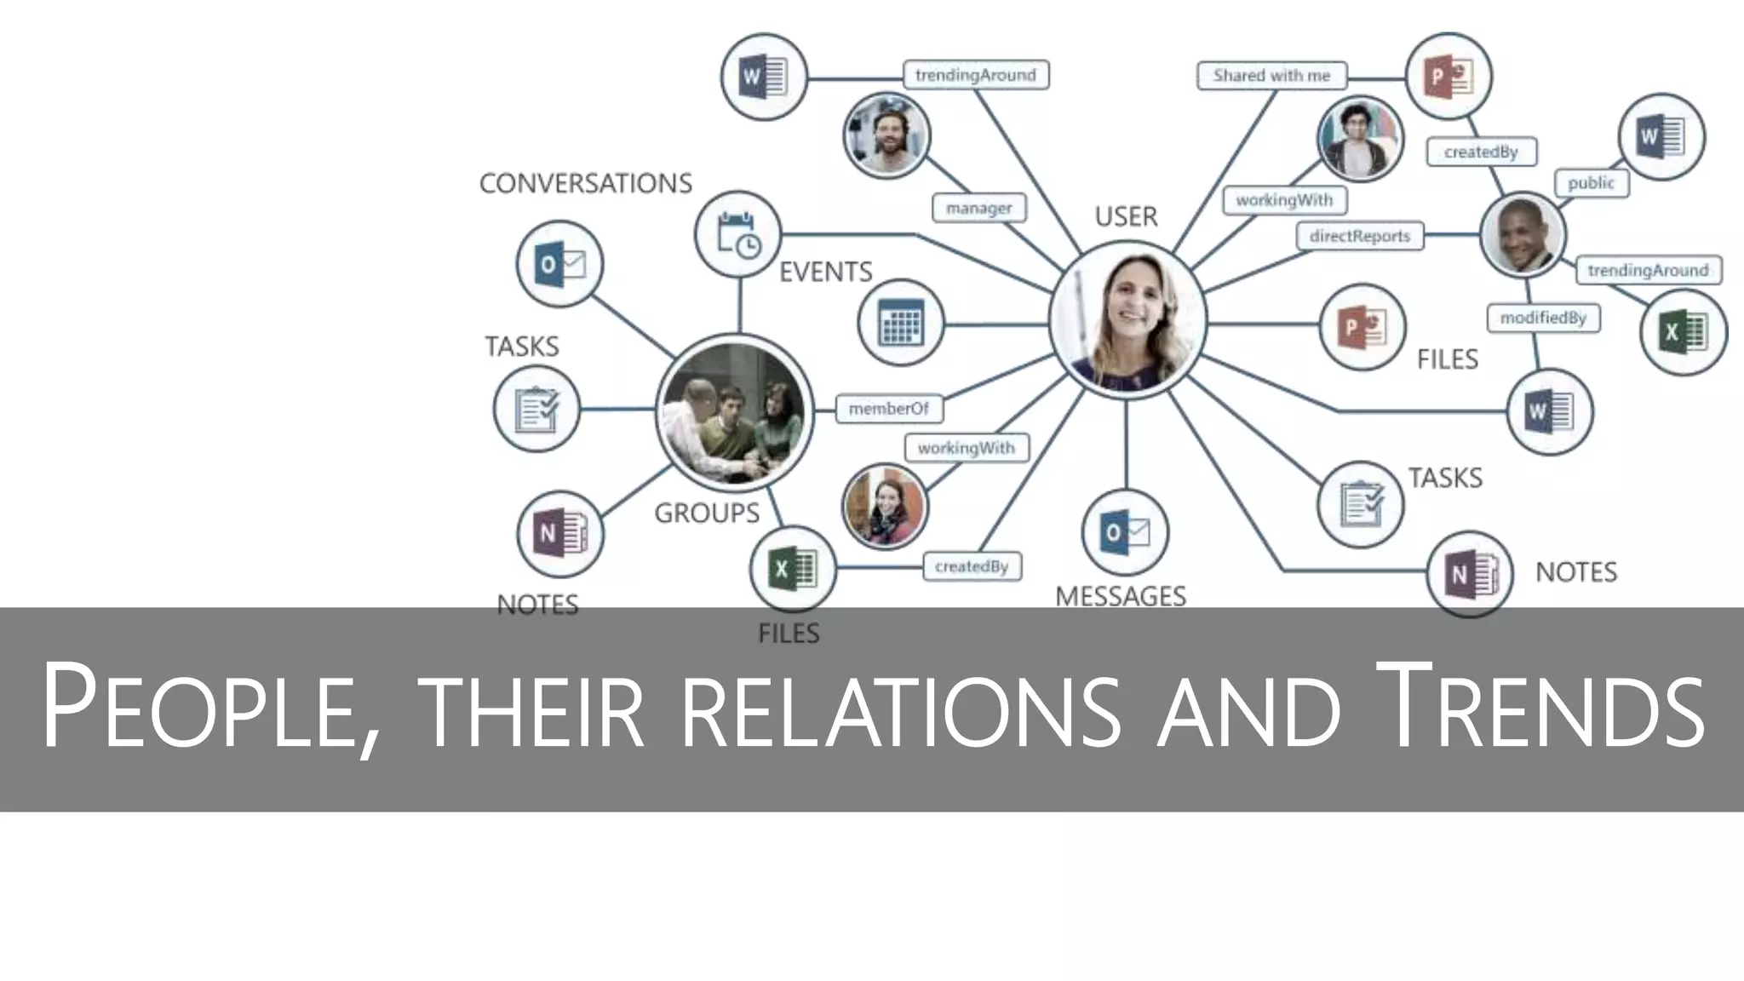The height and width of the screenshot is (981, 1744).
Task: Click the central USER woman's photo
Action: point(1127,321)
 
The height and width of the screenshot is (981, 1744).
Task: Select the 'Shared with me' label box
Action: point(1271,76)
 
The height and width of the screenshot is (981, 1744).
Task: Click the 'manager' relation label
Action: point(978,208)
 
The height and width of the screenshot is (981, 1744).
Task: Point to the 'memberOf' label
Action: point(888,409)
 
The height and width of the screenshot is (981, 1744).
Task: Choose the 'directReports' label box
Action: point(1359,236)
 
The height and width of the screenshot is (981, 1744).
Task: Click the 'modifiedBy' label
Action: point(1542,318)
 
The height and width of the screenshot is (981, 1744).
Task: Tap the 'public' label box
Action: point(1591,183)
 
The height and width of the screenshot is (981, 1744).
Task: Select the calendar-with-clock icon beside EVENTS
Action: point(737,234)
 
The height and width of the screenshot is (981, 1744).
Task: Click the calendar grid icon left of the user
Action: point(900,324)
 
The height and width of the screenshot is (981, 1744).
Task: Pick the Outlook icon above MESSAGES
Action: point(1125,533)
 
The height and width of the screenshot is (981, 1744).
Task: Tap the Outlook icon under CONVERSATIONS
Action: point(559,264)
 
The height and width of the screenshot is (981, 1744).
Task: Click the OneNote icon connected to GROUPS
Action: point(559,534)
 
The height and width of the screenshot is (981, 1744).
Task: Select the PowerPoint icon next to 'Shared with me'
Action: point(1448,77)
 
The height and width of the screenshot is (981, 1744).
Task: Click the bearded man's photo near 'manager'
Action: point(886,135)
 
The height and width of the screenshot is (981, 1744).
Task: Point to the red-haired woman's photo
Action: point(885,507)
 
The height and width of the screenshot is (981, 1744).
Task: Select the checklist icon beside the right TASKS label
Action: point(1360,504)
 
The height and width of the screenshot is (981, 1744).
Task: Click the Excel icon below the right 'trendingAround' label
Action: point(1683,332)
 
